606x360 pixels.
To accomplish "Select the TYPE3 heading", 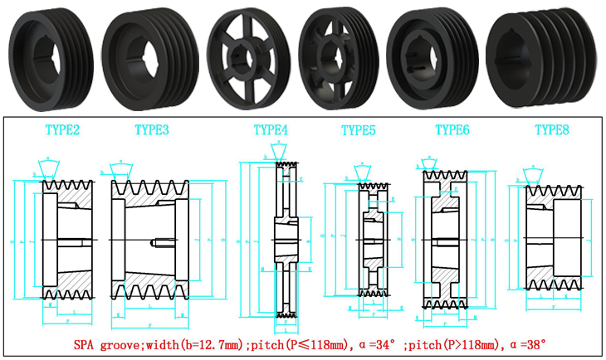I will coord(152,129).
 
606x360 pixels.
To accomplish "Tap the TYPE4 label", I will coord(271,129).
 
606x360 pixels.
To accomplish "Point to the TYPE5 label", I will coord(359,129).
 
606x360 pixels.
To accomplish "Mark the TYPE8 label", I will coord(551,129).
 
